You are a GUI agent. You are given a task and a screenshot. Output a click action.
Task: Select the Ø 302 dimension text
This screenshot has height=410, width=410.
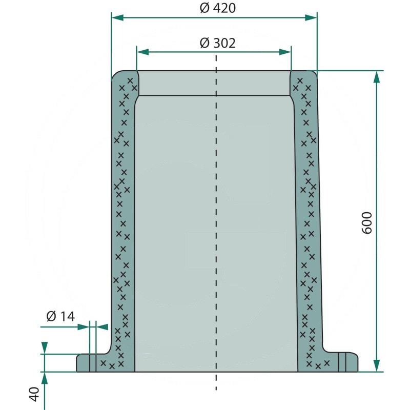(217, 43)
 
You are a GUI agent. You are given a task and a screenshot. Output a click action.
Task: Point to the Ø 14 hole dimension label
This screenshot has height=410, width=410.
(60, 317)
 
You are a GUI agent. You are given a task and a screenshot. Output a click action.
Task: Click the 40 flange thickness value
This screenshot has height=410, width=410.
(34, 395)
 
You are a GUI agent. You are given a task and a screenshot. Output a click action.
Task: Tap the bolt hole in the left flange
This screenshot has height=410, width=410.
(93, 363)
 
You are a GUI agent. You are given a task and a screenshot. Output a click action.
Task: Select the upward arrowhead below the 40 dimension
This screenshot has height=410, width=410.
(45, 378)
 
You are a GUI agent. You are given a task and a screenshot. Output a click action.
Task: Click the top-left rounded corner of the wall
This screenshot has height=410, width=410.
(116, 75)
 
